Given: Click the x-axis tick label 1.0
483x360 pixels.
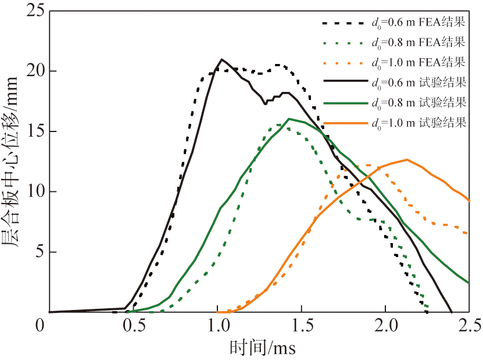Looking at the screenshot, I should tap(217, 324).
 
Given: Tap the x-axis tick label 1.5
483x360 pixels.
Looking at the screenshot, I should tap(301, 324).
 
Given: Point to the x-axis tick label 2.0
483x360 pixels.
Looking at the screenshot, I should tap(385, 324).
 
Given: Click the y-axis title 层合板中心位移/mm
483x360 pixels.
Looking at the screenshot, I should tap(13, 161).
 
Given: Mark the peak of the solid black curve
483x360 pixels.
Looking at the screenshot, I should tap(221, 59).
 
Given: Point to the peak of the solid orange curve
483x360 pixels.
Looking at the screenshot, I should tap(407, 159).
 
